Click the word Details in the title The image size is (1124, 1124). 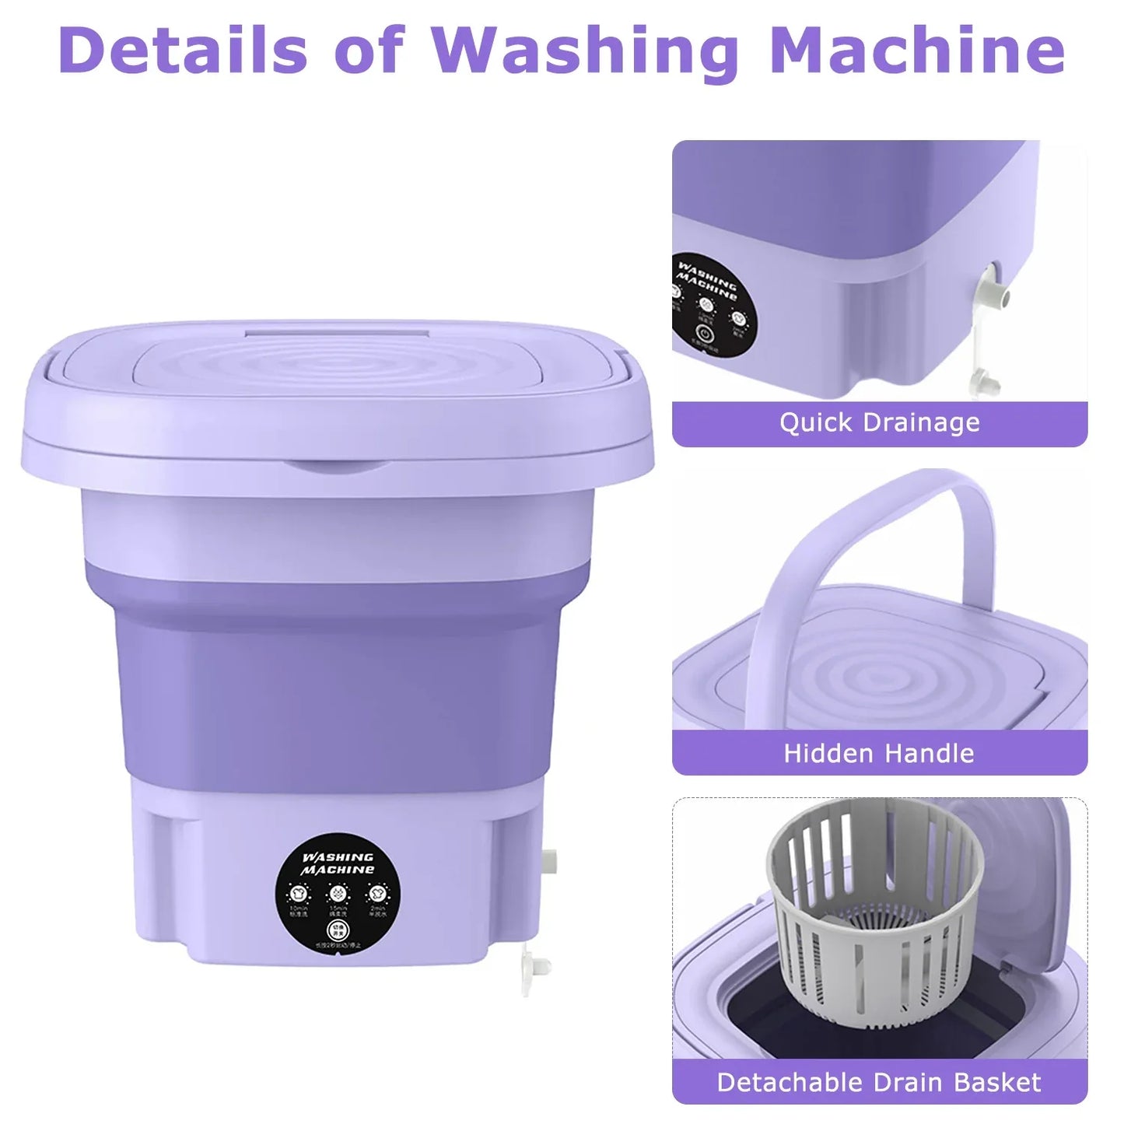[x=183, y=50]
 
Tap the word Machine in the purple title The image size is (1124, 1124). [x=917, y=50]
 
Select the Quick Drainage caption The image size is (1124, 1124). [x=879, y=422]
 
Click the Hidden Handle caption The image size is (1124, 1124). [x=879, y=753]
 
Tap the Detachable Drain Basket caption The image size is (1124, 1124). [x=879, y=1082]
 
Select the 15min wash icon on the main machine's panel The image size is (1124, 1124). [x=337, y=892]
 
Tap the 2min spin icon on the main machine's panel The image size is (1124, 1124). [x=377, y=892]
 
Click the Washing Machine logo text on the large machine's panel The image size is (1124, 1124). [x=338, y=863]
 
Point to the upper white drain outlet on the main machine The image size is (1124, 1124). [x=550, y=860]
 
